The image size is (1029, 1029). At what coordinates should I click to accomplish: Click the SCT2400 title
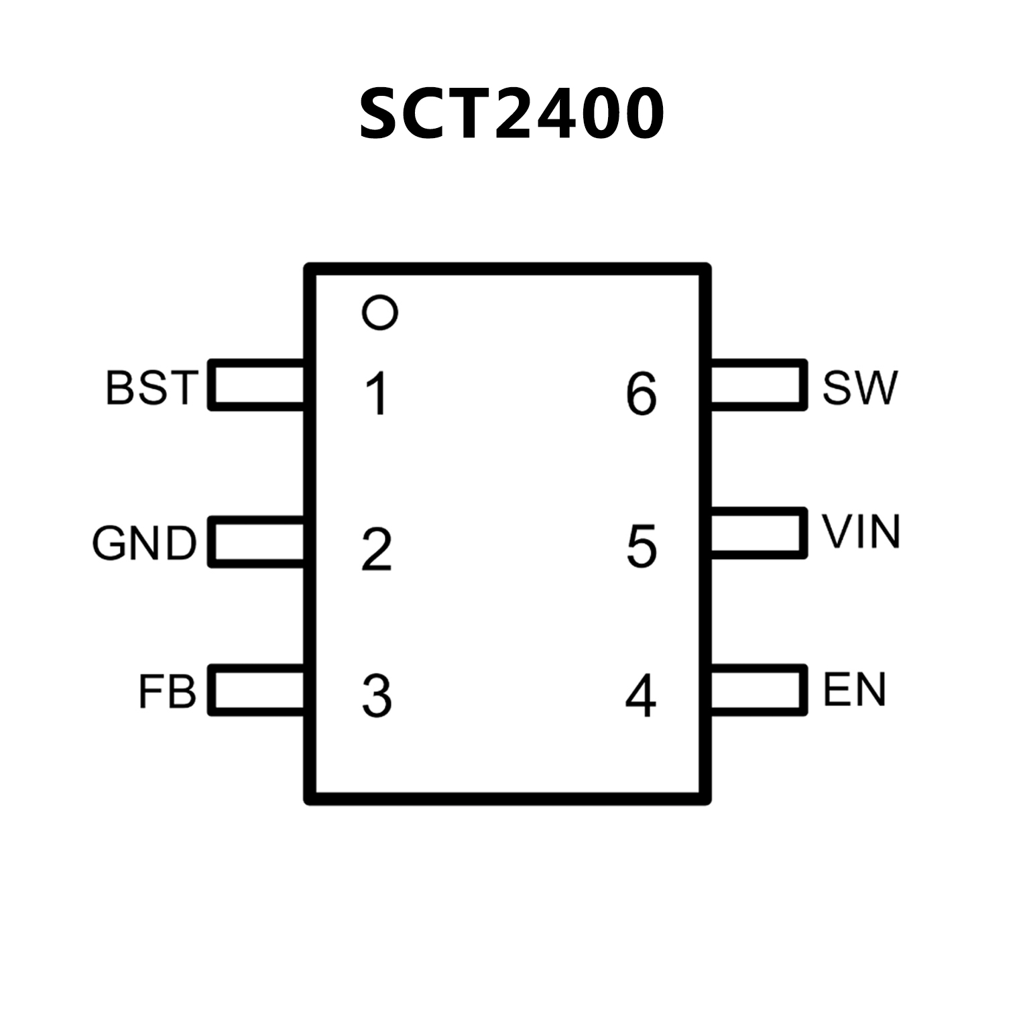tap(512, 114)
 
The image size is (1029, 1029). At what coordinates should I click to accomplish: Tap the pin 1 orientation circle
tap(379, 312)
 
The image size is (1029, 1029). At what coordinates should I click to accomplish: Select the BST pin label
tap(152, 387)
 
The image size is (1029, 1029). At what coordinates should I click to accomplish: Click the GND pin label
tap(145, 543)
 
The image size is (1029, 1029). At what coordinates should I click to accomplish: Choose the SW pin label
tap(859, 387)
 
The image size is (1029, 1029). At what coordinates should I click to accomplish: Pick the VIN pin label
tap(861, 532)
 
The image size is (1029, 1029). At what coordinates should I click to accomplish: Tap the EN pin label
tap(855, 690)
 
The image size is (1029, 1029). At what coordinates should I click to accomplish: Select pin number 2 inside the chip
tap(377, 550)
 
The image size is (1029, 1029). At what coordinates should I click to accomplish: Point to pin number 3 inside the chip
tap(377, 697)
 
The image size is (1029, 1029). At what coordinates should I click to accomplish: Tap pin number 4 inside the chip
tap(641, 697)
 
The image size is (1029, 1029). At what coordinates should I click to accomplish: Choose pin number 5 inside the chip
tap(642, 546)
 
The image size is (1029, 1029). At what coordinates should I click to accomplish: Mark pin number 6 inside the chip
tap(642, 394)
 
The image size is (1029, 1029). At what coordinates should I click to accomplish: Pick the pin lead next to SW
tap(758, 385)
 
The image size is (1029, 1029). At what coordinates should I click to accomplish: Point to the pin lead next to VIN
tap(758, 533)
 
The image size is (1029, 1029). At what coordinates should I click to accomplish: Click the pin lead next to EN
tap(758, 690)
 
